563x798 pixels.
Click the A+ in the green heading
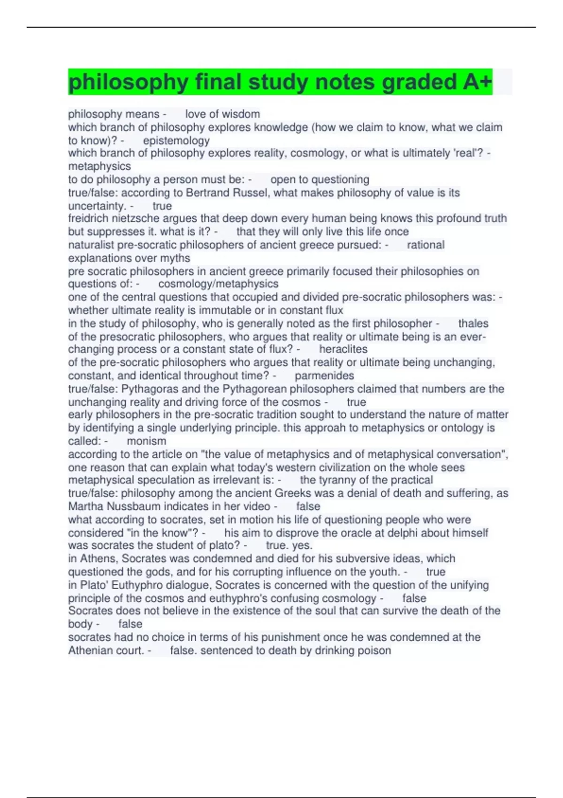[x=477, y=82]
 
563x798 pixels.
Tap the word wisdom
[x=241, y=114]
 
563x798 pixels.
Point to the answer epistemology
[x=176, y=140]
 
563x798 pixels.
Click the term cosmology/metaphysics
[x=218, y=284]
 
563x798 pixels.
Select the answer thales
[x=473, y=323]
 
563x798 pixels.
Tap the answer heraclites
[x=343, y=349]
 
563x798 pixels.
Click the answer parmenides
[x=324, y=376]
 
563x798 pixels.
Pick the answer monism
[x=146, y=441]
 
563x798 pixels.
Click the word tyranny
[x=339, y=480]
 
